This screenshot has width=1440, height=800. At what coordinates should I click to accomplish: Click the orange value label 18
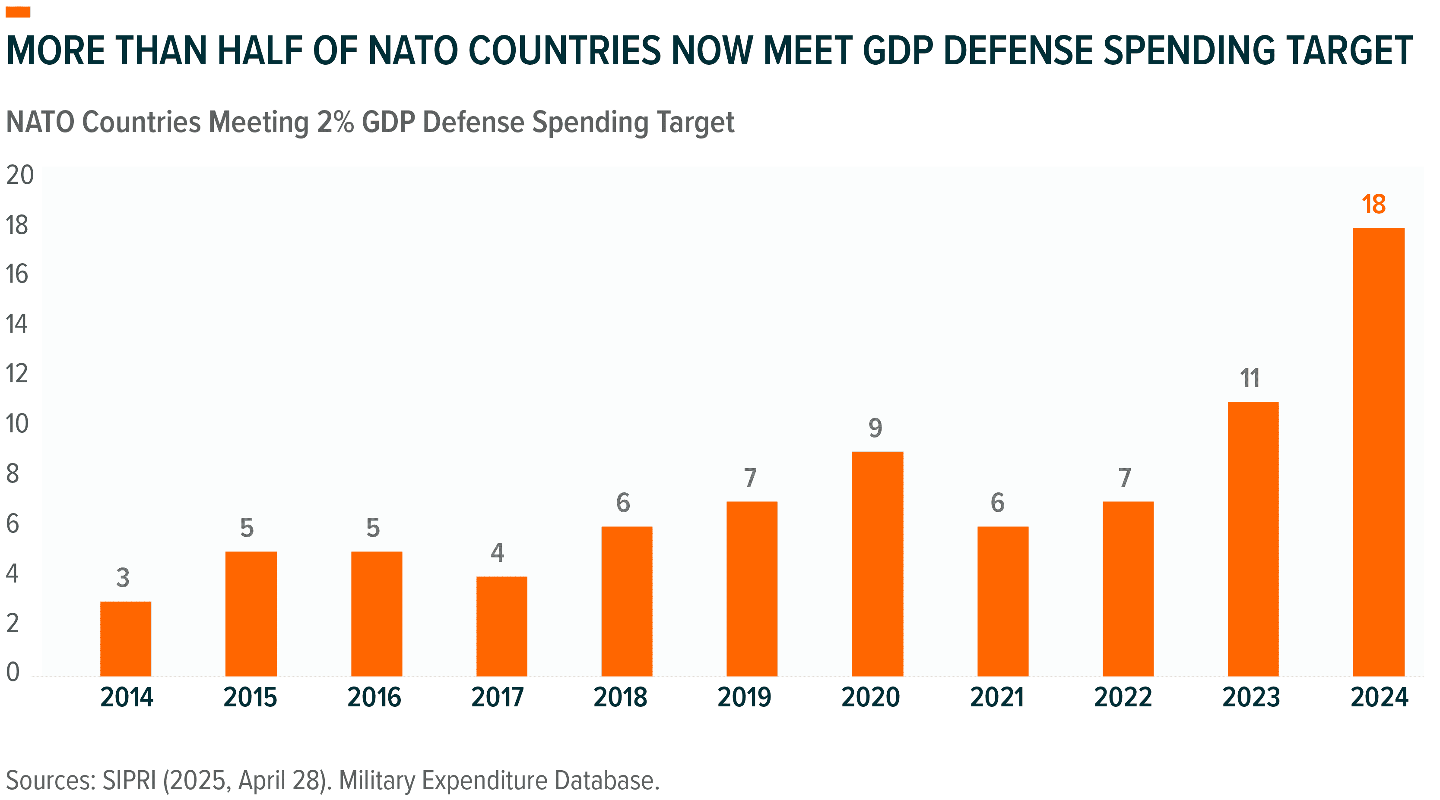1373,205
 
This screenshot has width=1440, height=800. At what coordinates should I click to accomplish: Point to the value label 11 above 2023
1250,378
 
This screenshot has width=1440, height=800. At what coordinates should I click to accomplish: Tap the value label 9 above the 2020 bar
875,428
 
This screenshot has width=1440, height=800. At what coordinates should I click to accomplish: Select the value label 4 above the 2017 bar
497,552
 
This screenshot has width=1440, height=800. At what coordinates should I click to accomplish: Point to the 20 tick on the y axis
19,176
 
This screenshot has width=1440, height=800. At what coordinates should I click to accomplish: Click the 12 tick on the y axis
17,374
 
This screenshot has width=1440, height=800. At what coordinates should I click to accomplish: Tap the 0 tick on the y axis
13,671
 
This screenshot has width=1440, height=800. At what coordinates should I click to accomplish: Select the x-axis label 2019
744,697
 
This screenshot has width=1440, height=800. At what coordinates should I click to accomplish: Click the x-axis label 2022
1123,697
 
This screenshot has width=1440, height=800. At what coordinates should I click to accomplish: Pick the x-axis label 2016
374,697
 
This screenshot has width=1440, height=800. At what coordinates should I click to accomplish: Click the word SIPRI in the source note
129,781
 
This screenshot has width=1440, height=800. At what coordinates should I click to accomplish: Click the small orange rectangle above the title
18,12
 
